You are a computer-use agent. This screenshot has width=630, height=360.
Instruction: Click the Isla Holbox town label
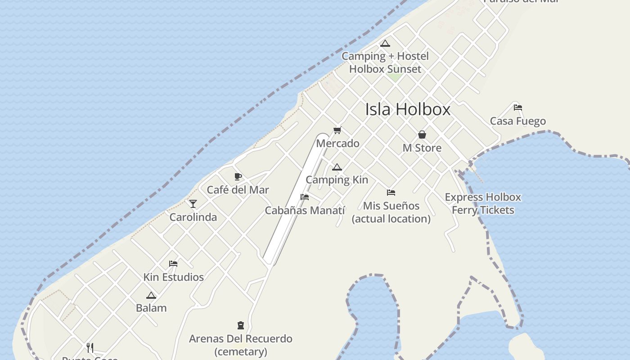coord(408,109)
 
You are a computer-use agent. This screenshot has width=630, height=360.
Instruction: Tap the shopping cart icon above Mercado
coord(337,130)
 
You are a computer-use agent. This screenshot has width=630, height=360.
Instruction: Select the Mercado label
coord(337,144)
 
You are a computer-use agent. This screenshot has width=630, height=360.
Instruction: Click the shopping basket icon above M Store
coord(422,135)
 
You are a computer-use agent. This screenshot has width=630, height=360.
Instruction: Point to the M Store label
coord(422,148)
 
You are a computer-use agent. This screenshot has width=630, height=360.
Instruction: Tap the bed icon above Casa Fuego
coord(518,108)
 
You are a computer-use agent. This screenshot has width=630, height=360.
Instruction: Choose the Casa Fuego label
coord(517,121)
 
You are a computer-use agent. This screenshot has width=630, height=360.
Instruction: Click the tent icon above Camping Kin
coord(337,167)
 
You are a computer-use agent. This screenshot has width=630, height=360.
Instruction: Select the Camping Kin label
coord(337,180)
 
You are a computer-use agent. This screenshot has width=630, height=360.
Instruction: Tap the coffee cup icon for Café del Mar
coord(238,176)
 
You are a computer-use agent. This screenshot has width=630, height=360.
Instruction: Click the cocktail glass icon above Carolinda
coord(193,204)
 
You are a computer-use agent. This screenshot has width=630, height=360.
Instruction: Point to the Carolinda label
coord(193,217)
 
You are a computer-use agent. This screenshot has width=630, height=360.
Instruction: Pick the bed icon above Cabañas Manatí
coord(305,197)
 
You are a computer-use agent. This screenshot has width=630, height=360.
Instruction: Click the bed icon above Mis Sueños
coord(391,193)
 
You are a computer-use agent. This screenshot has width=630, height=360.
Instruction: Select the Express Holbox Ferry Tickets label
coord(483,203)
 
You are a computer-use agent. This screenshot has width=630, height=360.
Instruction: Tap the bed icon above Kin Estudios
coord(173,264)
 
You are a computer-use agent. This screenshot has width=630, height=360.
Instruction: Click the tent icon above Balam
coord(151,296)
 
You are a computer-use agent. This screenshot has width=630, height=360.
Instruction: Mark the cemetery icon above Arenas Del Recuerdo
coord(241,325)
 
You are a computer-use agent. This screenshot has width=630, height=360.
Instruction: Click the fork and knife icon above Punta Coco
coord(90,347)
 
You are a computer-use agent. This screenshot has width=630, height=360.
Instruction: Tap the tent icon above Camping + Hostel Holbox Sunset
coord(385,44)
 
